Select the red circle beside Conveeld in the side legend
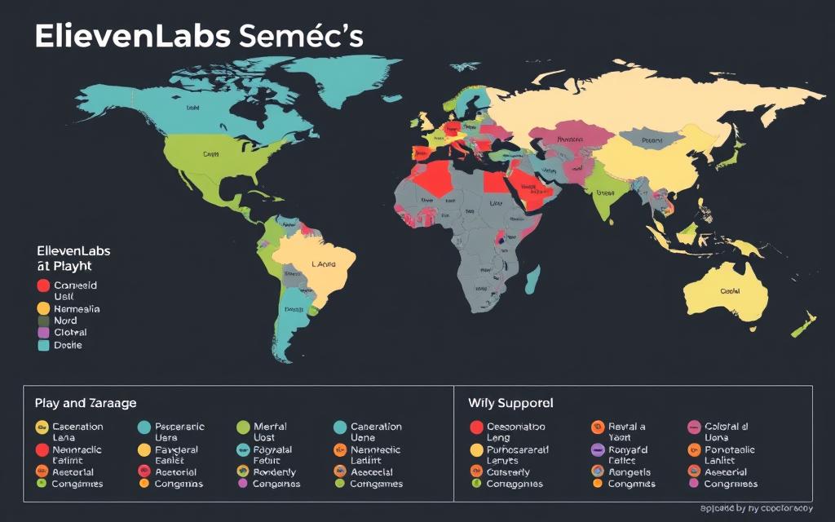(x=43, y=286)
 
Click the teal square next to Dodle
(x=43, y=345)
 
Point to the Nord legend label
(x=65, y=321)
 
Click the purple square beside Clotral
(x=43, y=333)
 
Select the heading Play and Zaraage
(x=86, y=403)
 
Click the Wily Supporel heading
(x=510, y=403)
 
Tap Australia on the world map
(x=726, y=290)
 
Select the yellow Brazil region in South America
(x=322, y=269)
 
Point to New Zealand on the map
(x=803, y=322)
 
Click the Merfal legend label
(x=270, y=427)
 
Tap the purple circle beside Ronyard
(x=596, y=449)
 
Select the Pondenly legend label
(x=276, y=471)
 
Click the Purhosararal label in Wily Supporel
(x=518, y=449)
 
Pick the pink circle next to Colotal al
(x=694, y=427)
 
